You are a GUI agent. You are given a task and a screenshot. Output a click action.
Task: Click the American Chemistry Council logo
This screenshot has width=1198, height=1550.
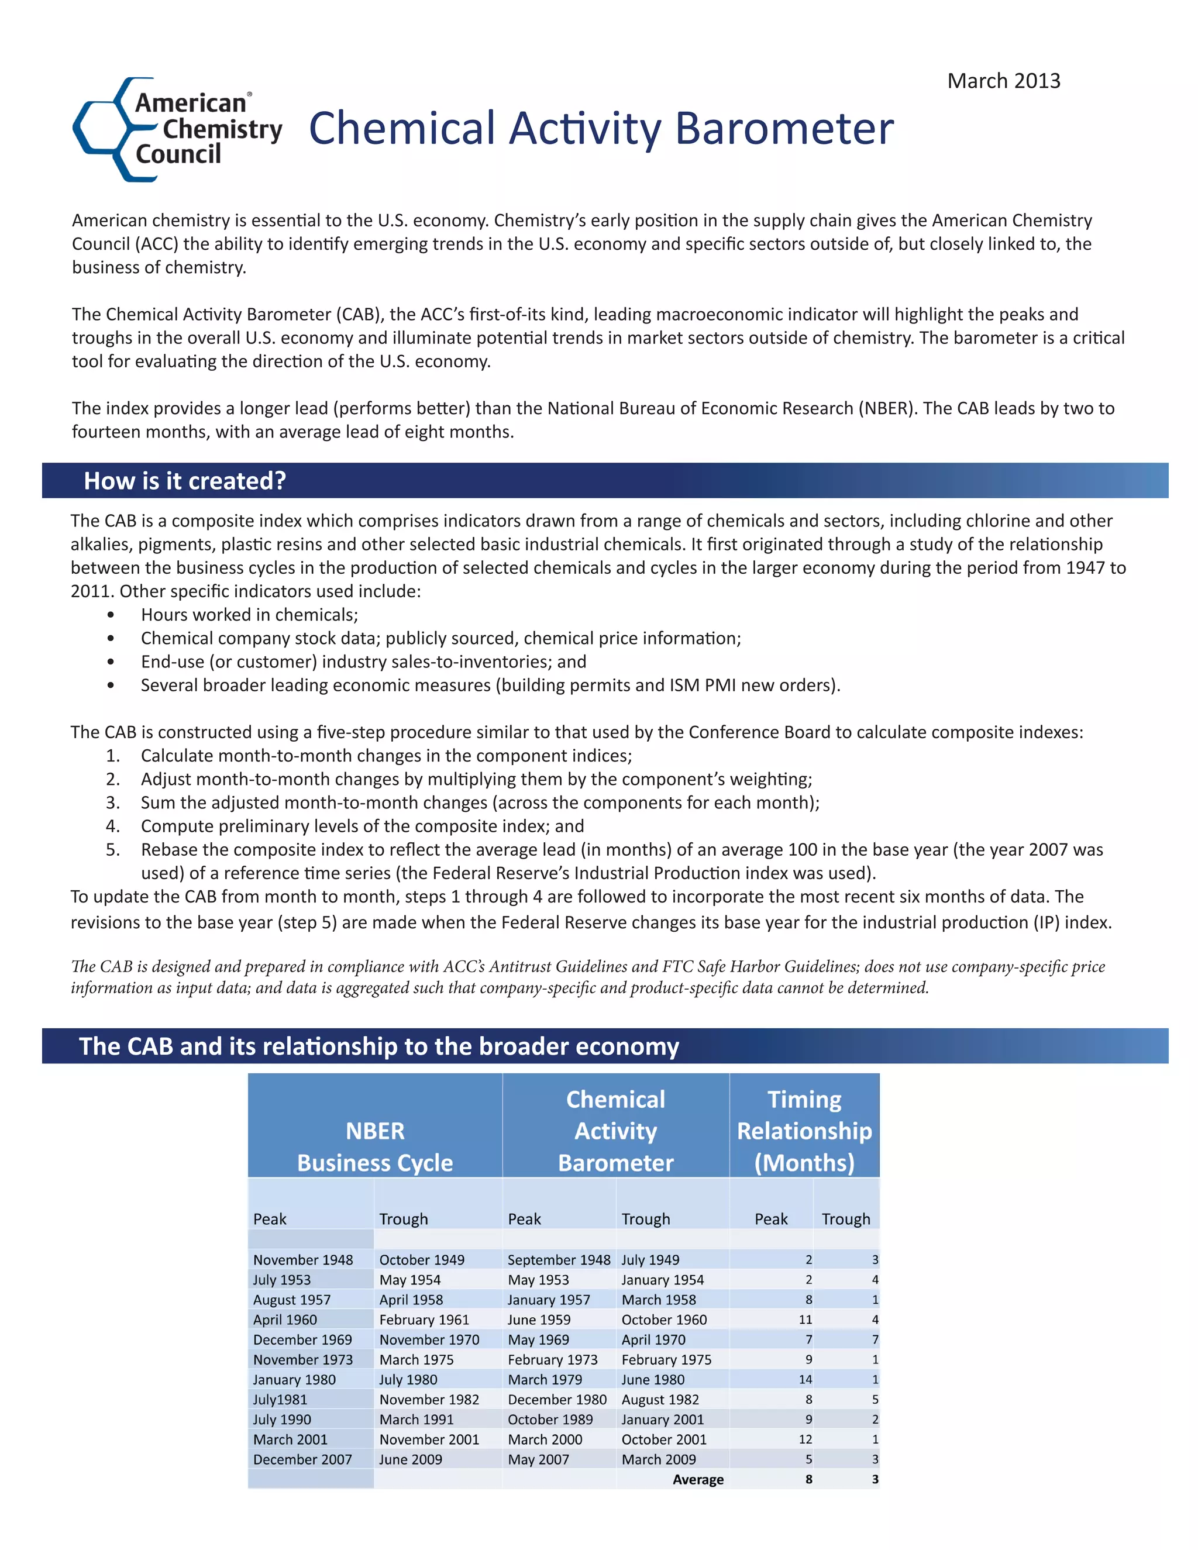177,129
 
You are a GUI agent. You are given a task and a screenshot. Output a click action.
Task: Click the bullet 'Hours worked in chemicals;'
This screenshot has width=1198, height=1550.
249,615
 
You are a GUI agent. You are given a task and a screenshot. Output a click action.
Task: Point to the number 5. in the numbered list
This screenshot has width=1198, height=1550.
113,849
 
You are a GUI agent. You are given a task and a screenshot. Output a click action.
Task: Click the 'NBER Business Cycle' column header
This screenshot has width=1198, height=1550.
375,1146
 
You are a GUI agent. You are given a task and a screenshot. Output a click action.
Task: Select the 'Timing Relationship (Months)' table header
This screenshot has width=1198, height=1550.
804,1131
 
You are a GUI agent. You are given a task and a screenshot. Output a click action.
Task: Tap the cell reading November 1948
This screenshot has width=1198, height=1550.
303,1260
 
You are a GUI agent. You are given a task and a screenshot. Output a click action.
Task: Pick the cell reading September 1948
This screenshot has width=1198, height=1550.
559,1260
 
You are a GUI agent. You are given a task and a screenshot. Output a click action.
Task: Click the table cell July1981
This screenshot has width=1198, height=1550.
280,1400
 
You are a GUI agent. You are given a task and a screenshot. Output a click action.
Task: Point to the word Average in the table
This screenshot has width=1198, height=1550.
698,1480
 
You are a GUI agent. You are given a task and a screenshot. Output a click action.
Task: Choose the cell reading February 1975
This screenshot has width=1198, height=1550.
666,1360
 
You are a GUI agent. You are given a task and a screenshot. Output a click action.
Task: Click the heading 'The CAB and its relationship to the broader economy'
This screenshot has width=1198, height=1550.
379,1046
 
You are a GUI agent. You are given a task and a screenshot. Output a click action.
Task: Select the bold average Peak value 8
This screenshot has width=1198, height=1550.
808,1480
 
